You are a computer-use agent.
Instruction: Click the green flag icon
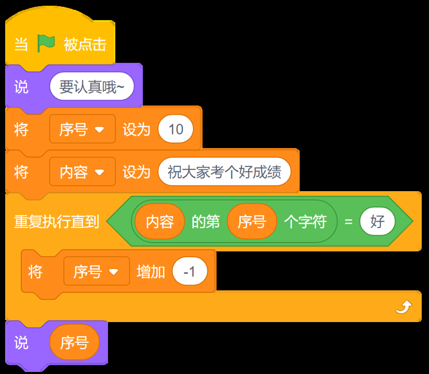coord(46,43)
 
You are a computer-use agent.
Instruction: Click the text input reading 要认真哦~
coord(91,86)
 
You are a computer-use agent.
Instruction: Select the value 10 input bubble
coord(176,129)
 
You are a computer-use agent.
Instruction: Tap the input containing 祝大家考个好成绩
coord(224,172)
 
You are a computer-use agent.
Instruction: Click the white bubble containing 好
coord(378,221)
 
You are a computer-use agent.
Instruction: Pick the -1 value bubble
coord(190,271)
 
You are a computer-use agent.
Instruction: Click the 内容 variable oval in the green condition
coord(160,221)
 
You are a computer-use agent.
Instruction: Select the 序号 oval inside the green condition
coord(252,221)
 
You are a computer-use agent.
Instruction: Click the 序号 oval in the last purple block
coord(74,342)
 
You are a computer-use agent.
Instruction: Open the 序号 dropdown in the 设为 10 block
coord(83,129)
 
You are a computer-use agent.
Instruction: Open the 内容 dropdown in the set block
coord(83,172)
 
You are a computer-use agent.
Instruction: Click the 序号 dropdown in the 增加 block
coord(97,271)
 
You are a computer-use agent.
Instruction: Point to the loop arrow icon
coord(404,307)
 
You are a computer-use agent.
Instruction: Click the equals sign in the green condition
coord(348,221)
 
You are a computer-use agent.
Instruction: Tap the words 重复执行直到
coord(57,221)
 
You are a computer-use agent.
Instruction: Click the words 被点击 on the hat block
coord(85,44)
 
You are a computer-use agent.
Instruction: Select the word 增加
coord(151,272)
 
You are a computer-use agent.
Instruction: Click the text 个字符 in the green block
coord(305,221)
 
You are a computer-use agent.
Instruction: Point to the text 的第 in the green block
coord(206,221)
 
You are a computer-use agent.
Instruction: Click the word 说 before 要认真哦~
coord(21,87)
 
